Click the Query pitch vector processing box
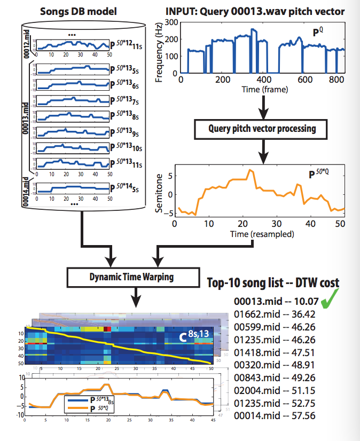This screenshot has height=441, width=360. pyautogui.click(x=263, y=129)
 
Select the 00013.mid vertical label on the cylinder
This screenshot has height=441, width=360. pyautogui.click(x=28, y=118)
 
